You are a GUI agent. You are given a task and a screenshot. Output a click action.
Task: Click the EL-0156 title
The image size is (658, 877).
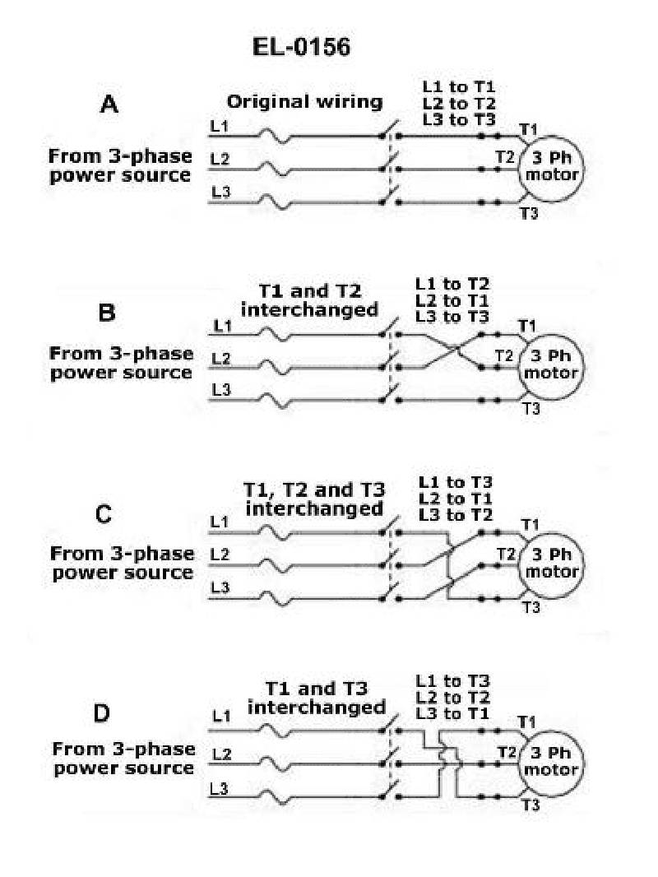(x=301, y=46)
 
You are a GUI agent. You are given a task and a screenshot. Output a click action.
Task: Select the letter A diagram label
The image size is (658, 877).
(x=109, y=104)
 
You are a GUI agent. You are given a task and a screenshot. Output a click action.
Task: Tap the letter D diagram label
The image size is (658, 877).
(x=101, y=713)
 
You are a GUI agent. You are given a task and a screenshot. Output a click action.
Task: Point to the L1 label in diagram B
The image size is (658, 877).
(x=223, y=326)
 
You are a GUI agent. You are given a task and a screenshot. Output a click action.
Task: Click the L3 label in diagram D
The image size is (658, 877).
(x=219, y=789)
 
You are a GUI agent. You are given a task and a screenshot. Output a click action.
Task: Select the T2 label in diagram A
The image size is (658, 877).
(x=505, y=157)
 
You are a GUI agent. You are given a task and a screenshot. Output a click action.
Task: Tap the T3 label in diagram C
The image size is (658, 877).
(x=531, y=607)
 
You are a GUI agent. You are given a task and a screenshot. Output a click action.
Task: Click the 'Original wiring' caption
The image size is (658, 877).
(x=304, y=102)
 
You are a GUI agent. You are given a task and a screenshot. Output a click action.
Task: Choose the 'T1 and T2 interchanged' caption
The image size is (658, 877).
(x=309, y=300)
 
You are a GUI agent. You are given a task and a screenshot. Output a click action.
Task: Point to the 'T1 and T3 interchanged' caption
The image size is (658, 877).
(x=317, y=698)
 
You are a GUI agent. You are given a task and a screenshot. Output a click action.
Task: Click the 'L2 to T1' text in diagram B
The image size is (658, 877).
(x=452, y=300)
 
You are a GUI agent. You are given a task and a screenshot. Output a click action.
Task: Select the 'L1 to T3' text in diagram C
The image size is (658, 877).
(x=456, y=482)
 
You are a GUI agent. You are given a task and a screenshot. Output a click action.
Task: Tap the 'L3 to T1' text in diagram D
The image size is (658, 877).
(x=453, y=713)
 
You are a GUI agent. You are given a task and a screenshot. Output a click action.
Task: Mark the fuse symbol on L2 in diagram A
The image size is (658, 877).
(x=275, y=169)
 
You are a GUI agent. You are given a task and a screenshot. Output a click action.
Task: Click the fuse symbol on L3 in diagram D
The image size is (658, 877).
(x=275, y=796)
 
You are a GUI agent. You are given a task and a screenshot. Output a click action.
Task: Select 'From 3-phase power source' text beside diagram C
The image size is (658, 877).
(x=123, y=563)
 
